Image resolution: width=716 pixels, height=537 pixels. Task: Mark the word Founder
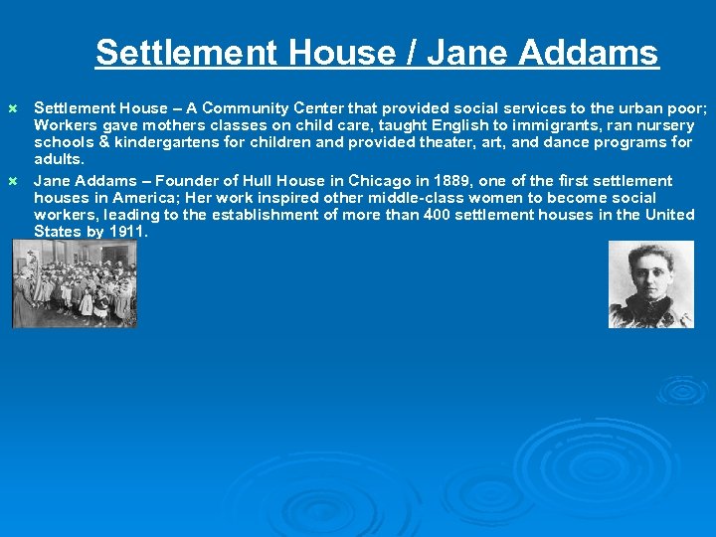(x=176, y=181)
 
